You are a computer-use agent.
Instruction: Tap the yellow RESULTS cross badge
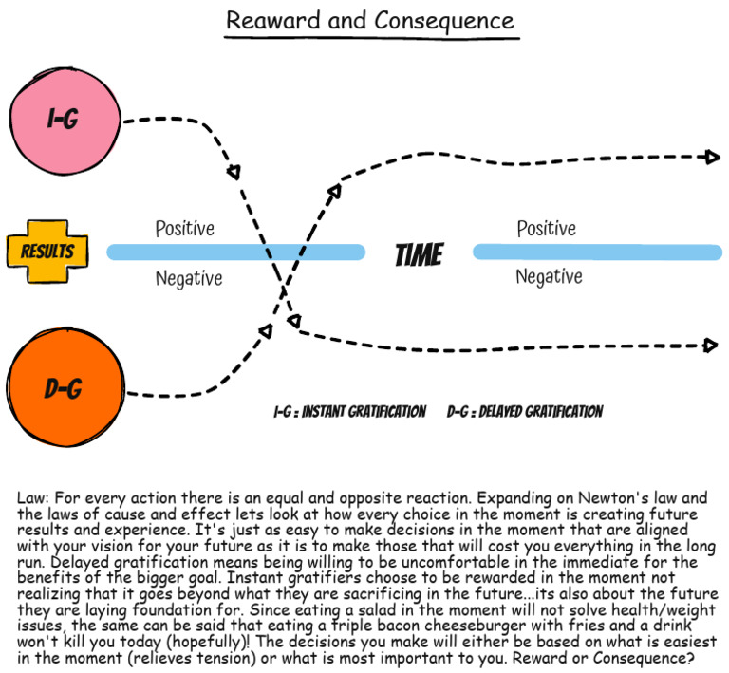click(47, 252)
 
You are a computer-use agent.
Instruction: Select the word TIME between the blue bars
click(419, 254)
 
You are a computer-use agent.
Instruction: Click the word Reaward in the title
click(271, 21)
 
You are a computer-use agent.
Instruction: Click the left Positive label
click(185, 229)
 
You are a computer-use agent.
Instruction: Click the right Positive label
click(546, 229)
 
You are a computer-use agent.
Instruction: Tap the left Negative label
click(189, 278)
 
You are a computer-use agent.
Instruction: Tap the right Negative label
click(549, 277)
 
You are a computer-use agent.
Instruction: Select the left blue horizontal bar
click(235, 252)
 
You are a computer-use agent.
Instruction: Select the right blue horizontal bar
click(596, 252)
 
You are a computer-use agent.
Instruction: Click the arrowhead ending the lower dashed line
click(711, 346)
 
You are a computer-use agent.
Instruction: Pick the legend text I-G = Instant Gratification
click(349, 412)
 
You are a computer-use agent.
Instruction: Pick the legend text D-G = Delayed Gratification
click(525, 412)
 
